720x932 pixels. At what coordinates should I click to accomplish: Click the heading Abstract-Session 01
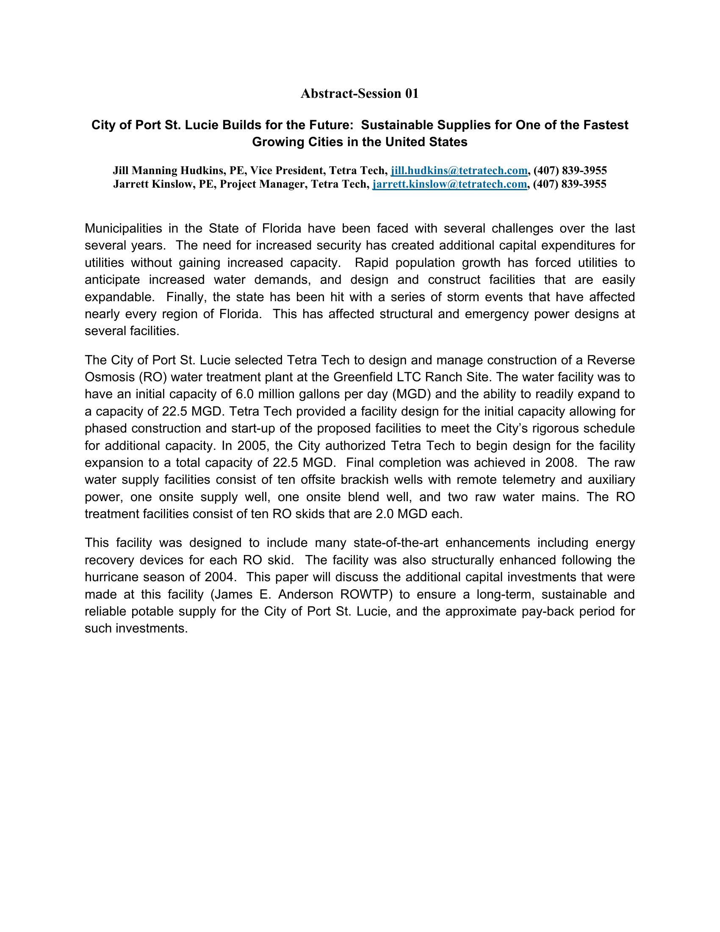(360, 94)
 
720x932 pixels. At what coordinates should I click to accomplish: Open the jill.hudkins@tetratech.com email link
(459, 171)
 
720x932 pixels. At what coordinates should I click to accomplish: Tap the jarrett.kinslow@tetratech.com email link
(449, 184)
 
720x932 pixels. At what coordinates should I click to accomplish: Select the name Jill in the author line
(120, 171)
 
